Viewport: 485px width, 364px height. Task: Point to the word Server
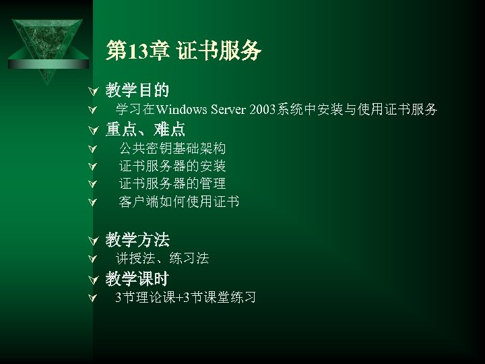229,109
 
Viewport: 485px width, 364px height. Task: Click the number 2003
262,109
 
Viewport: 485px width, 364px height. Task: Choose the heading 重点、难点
145,129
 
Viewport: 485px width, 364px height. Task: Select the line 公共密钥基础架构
172,148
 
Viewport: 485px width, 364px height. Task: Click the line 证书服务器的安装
172,166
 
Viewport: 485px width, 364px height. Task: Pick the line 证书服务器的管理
172,183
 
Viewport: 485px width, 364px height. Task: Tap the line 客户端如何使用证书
179,202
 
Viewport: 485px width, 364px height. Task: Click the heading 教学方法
137,239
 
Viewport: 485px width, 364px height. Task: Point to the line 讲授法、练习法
162,258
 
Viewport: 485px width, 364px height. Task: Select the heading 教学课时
137,278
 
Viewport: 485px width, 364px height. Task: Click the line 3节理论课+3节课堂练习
185,297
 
